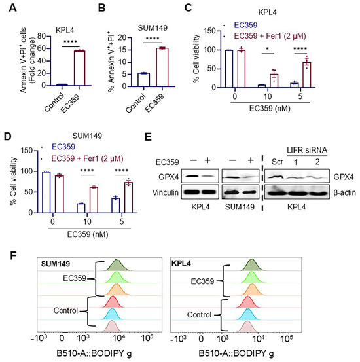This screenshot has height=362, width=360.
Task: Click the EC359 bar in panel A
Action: [x=79, y=68]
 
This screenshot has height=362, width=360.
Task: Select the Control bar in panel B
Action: [x=143, y=80]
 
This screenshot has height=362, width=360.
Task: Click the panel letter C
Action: [x=189, y=8]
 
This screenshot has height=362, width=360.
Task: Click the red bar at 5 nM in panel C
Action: [x=307, y=75]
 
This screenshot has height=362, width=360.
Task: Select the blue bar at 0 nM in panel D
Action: [x=46, y=192]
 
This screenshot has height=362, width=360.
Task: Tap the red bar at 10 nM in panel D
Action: [x=94, y=200]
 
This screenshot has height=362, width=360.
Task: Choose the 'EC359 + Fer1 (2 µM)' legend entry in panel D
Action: [x=87, y=158]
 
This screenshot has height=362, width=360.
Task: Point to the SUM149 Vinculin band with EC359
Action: [x=250, y=192]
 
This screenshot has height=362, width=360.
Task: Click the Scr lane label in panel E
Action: [x=278, y=162]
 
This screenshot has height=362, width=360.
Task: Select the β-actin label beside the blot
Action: [x=344, y=192]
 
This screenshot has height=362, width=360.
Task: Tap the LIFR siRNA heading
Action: [x=307, y=150]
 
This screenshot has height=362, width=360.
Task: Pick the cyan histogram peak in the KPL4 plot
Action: [x=248, y=314]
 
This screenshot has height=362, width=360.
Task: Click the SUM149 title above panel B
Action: [x=153, y=28]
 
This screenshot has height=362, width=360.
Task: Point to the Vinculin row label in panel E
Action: [x=165, y=192]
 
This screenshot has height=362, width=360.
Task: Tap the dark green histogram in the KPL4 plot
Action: [x=252, y=264]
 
